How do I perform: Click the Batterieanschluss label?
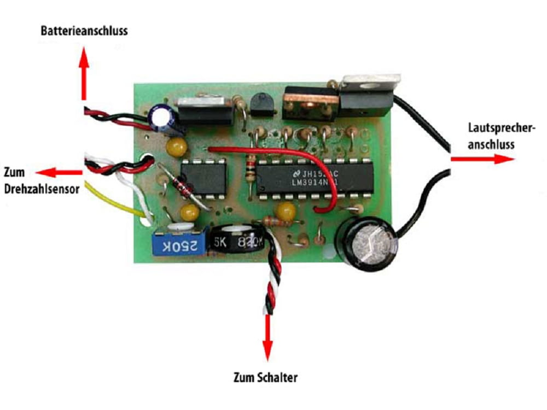pyautogui.click(x=84, y=30)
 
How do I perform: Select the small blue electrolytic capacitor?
pyautogui.click(x=164, y=118)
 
